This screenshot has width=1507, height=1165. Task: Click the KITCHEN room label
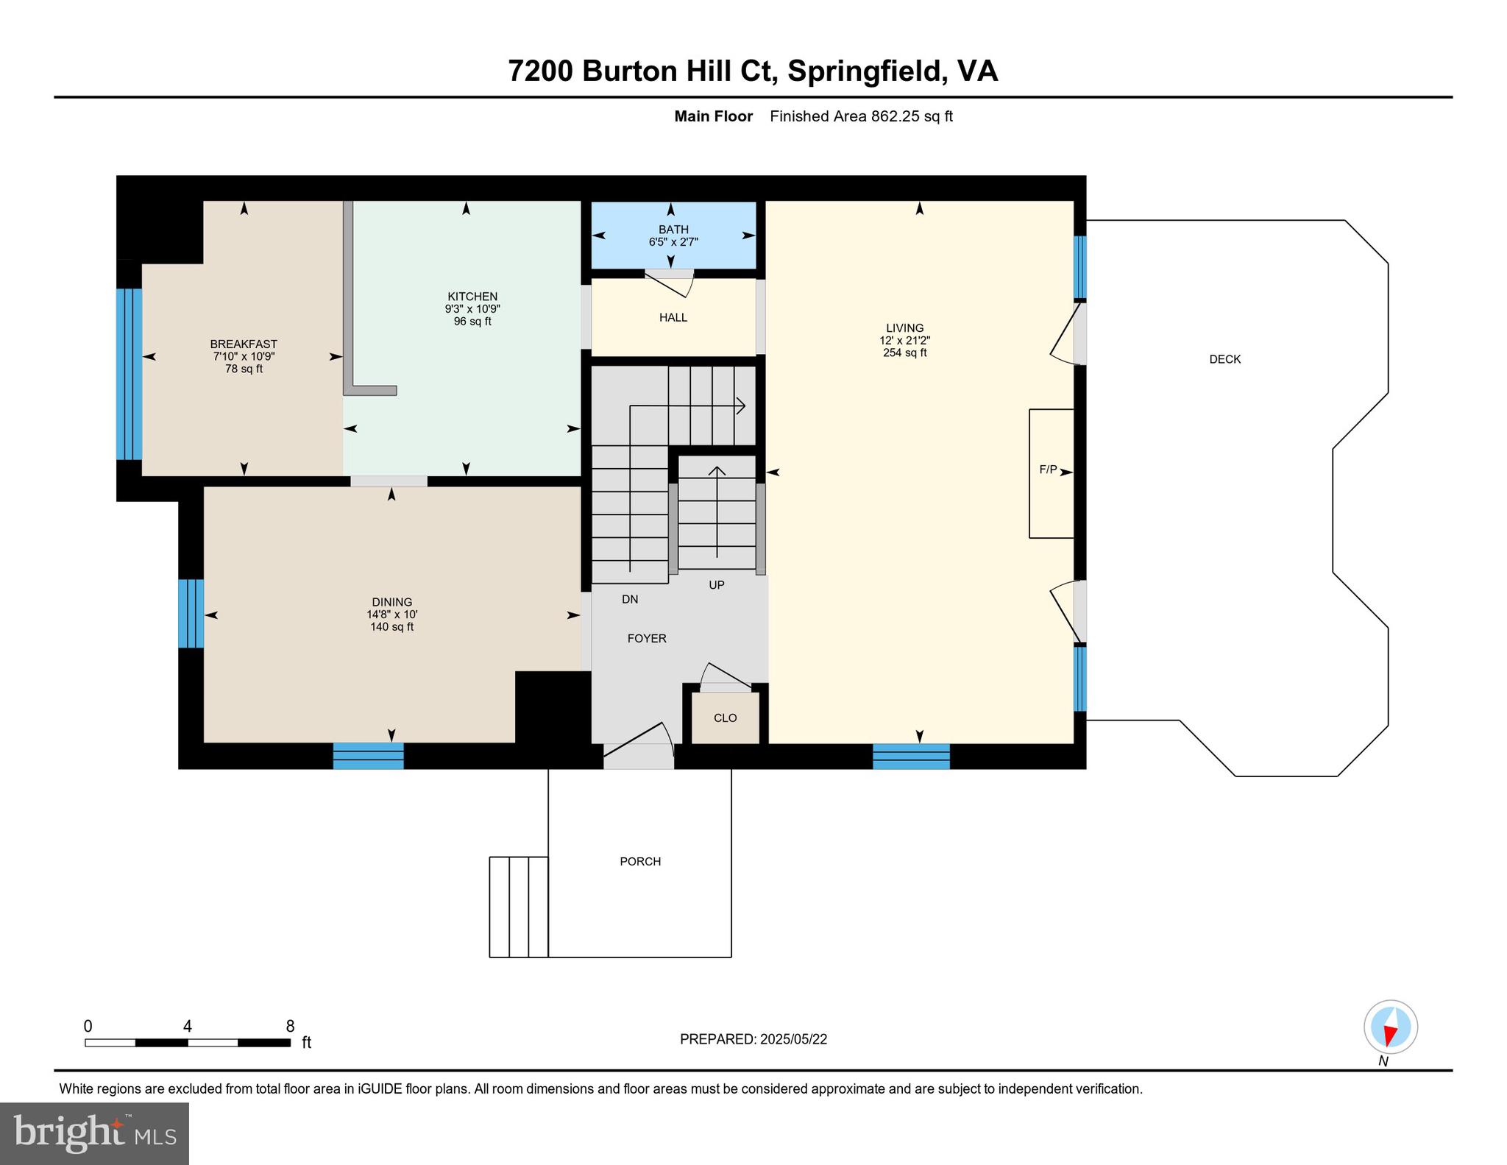(472, 297)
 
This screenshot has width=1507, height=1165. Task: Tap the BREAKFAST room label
(244, 344)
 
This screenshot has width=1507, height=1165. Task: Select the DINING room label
(391, 602)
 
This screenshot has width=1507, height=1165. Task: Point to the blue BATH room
(673, 236)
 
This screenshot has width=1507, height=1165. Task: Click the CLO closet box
(725, 718)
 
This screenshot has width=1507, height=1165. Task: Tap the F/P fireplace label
(1048, 470)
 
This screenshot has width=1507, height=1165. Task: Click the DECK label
(1224, 359)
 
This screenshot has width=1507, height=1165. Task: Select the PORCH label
(640, 861)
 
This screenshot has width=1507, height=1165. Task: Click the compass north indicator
(1390, 1027)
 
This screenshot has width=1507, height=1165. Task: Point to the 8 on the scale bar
(290, 1026)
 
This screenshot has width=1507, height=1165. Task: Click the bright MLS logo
(94, 1133)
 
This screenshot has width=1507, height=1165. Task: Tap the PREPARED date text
(753, 1039)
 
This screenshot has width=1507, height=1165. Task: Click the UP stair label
(716, 585)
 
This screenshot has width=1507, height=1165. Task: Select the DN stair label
(630, 599)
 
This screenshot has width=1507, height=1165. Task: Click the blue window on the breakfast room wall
(129, 374)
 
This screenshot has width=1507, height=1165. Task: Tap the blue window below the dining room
(368, 756)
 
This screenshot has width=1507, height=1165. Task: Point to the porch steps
(519, 907)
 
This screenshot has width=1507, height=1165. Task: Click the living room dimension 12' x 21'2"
(904, 341)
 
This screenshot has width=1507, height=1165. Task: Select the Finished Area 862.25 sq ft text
(861, 116)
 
